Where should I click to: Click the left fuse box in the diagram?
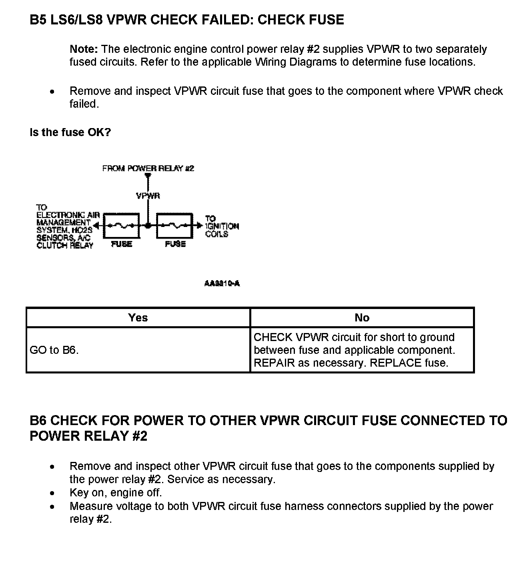(122, 226)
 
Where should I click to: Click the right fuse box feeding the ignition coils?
(174, 226)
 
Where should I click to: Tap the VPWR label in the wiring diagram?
(148, 196)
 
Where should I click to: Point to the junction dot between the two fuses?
(148, 226)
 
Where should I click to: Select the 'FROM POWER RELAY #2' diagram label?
(148, 169)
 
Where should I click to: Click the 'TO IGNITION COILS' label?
(222, 226)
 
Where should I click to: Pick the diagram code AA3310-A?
(222, 284)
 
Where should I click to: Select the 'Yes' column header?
(138, 318)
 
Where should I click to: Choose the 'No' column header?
(362, 318)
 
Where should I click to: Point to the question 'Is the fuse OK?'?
(70, 132)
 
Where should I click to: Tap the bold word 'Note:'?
(84, 49)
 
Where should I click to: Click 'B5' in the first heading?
(38, 20)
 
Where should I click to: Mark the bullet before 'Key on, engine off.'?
(52, 493)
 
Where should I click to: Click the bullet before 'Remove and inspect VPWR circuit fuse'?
(52, 91)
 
